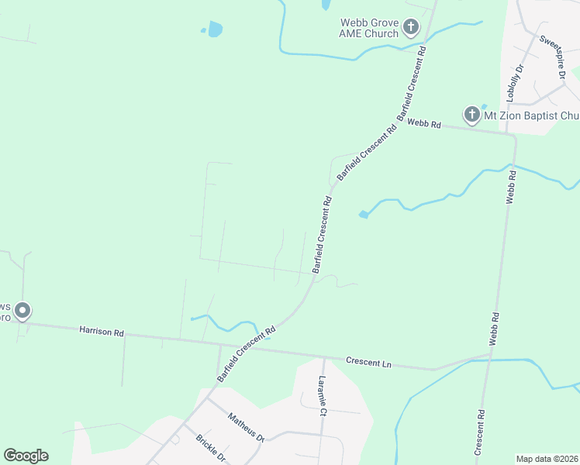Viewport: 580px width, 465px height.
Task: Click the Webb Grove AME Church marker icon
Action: (x=410, y=29)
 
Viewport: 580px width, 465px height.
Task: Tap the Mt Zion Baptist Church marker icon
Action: (x=471, y=115)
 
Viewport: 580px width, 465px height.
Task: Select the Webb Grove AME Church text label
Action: (x=369, y=28)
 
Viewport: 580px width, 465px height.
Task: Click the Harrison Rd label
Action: (x=102, y=332)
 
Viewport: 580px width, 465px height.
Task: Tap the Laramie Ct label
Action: (x=323, y=394)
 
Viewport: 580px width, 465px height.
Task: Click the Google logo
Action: (x=26, y=456)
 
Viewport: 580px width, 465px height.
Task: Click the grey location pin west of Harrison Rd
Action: (x=22, y=311)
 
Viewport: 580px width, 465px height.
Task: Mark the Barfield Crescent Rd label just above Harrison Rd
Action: (x=247, y=353)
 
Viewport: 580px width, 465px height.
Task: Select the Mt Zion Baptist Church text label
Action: (x=531, y=115)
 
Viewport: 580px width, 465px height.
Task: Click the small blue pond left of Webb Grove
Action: (x=214, y=29)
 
